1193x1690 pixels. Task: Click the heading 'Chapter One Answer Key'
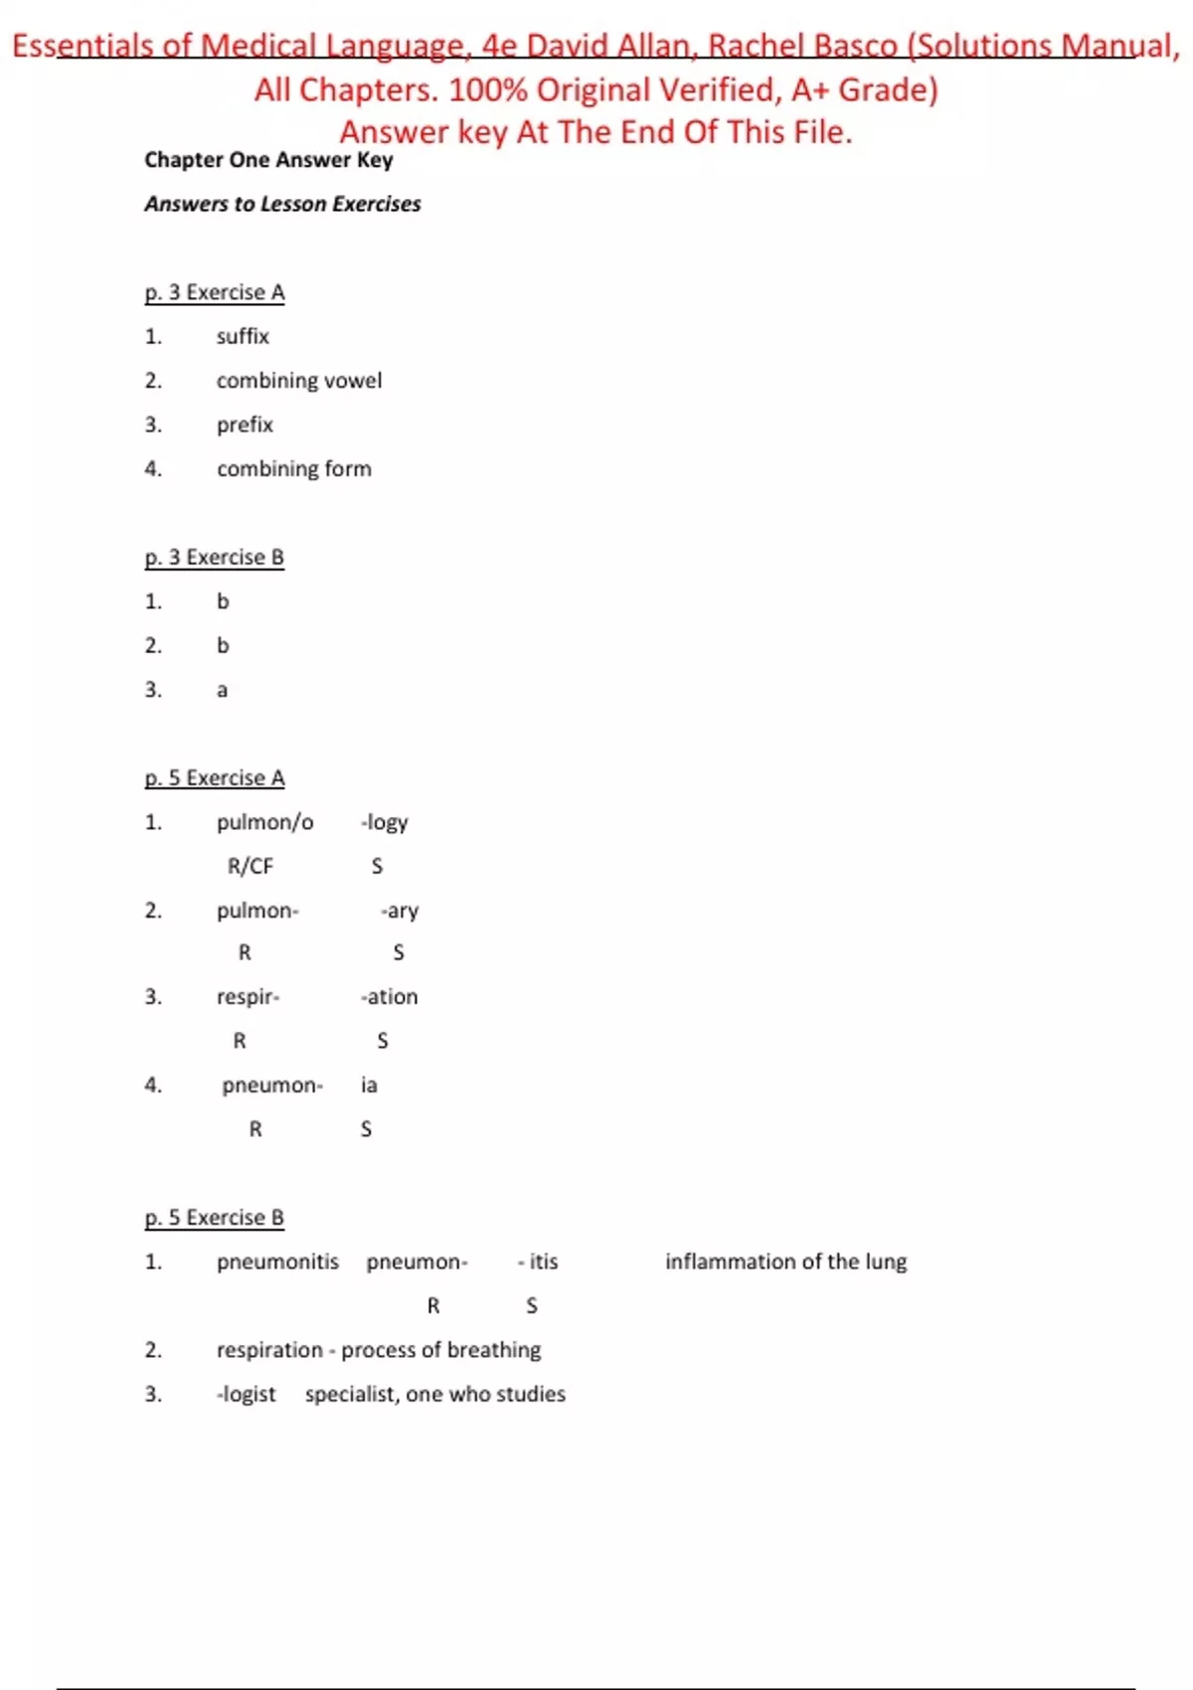268,160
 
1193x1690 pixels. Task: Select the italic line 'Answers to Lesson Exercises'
282,204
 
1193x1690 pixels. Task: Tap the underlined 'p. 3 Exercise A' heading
215,292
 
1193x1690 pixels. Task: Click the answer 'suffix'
243,336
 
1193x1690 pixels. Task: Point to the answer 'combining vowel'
298,381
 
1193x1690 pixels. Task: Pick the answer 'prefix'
245,424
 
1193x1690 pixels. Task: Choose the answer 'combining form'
293,468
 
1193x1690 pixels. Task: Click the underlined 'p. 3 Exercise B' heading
215,558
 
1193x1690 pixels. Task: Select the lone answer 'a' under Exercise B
222,690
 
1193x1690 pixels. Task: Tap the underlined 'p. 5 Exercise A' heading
215,778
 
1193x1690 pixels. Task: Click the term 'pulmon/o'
264,822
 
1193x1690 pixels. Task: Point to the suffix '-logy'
385,822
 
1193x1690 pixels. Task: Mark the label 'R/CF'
250,866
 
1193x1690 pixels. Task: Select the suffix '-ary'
400,911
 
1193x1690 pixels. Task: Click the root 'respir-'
248,996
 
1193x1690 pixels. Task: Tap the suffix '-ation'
389,996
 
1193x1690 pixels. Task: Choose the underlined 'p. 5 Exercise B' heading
215,1218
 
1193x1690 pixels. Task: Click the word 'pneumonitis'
277,1262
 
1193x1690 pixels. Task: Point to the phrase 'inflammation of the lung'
785,1262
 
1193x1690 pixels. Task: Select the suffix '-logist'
246,1394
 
